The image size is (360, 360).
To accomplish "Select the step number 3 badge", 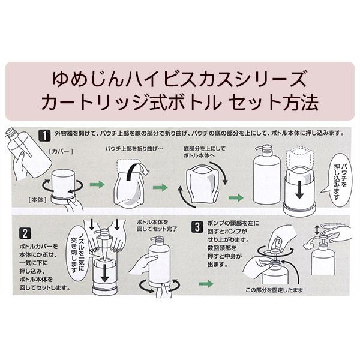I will click(198, 227).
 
